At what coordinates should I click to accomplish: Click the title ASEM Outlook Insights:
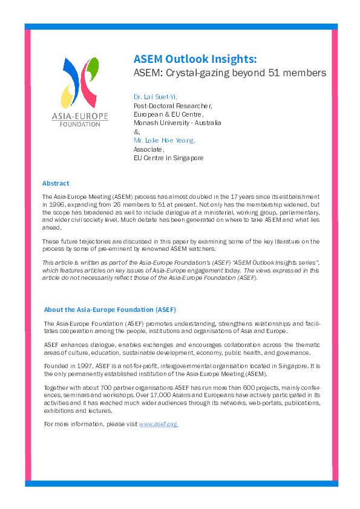click(195, 59)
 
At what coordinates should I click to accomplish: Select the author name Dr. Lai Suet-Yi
click(155, 97)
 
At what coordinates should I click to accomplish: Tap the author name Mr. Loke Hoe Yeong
click(164, 140)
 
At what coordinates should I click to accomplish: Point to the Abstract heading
click(56, 183)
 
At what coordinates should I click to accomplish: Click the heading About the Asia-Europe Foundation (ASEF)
click(110, 310)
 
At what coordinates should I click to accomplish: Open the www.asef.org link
click(158, 424)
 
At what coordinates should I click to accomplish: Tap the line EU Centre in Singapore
click(168, 158)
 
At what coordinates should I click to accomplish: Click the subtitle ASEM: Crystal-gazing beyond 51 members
click(229, 73)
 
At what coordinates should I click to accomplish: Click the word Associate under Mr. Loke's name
click(148, 149)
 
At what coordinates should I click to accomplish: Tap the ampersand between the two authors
click(136, 131)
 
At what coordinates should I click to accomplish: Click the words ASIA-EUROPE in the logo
click(80, 115)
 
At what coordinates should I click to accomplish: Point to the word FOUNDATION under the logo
click(80, 124)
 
